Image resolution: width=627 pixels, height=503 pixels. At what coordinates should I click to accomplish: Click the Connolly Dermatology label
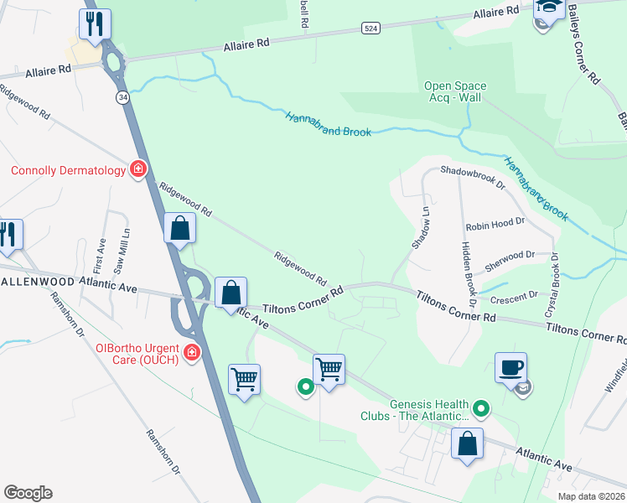[67, 171]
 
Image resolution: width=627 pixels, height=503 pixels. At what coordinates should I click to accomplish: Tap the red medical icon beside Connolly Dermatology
[139, 170]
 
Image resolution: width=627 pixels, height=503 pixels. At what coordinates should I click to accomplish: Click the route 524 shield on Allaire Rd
[370, 28]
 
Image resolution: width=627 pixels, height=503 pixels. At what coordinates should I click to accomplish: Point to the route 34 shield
[123, 97]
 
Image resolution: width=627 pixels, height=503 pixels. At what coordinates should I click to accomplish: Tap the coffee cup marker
[510, 366]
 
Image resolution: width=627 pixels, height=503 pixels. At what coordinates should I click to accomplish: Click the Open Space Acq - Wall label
[455, 92]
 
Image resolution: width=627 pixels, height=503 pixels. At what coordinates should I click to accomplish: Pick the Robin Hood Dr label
[495, 225]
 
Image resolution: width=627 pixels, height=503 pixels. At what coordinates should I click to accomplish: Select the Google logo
[28, 493]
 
